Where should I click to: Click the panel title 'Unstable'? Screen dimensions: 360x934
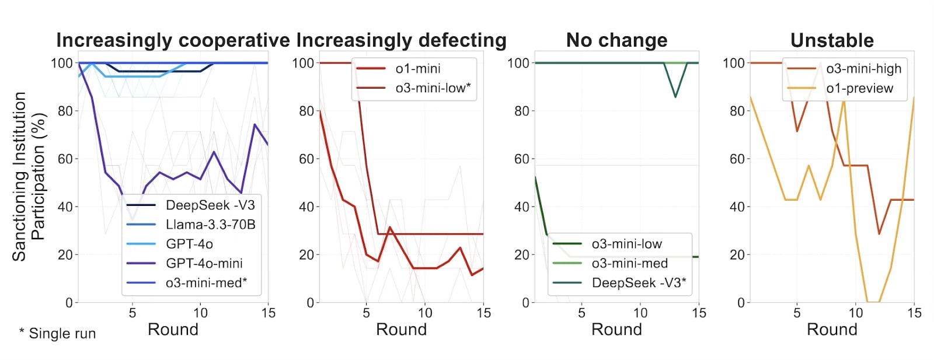click(x=832, y=40)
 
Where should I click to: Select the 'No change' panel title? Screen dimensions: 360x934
click(x=616, y=40)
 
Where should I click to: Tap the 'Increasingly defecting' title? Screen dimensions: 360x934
click(x=402, y=40)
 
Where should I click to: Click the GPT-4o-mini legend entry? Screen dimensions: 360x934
click(x=204, y=263)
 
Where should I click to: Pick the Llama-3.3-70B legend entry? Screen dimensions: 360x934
click(x=210, y=225)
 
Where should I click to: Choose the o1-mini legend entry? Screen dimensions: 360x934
click(x=417, y=69)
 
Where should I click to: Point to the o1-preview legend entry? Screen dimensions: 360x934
click(x=859, y=88)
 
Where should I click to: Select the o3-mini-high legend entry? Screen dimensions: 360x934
click(x=863, y=69)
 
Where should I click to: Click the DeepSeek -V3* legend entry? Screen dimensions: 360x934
click(x=639, y=283)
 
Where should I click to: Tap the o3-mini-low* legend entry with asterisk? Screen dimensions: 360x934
click(x=433, y=88)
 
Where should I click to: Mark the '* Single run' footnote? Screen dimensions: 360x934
click(x=57, y=334)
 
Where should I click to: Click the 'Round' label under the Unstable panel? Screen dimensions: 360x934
click(x=832, y=330)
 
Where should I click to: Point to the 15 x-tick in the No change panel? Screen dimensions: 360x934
click(x=699, y=313)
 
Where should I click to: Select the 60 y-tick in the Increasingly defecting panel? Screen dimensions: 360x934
click(x=306, y=159)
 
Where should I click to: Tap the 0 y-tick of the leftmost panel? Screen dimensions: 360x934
click(x=69, y=303)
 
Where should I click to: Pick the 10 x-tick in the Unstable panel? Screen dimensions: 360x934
click(x=855, y=313)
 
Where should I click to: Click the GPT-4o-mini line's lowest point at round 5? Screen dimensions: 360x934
click(x=133, y=221)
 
